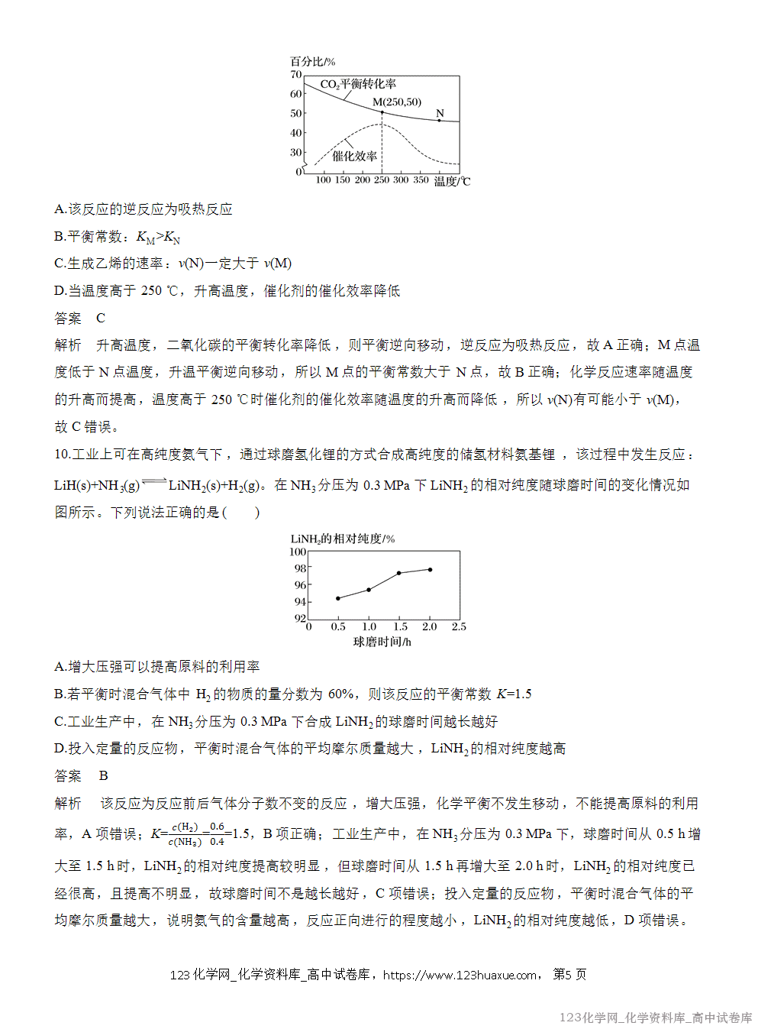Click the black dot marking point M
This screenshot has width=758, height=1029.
point(382,112)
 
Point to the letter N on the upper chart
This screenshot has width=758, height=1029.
point(440,114)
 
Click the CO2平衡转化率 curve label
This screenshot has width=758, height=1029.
point(358,84)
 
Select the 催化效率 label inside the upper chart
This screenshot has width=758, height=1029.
point(354,156)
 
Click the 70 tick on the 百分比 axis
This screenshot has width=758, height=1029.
point(296,75)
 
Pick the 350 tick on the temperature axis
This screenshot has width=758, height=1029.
point(421,180)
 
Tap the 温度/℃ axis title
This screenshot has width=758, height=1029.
point(452,181)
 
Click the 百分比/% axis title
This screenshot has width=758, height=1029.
point(312,62)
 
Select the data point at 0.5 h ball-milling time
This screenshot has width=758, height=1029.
point(338,598)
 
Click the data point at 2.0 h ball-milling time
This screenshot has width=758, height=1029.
point(431,569)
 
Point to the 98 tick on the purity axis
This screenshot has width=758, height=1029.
point(300,568)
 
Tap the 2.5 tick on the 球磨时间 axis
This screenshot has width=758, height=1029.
point(459,626)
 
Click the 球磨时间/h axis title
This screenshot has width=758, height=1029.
point(382,642)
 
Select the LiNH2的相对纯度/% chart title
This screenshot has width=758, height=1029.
point(343,539)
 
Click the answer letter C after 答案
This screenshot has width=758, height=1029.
point(101,318)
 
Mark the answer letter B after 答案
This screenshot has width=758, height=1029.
point(103,775)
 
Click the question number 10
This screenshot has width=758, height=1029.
point(62,454)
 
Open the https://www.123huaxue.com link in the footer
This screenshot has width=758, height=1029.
point(460,975)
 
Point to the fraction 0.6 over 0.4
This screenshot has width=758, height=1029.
point(217,833)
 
